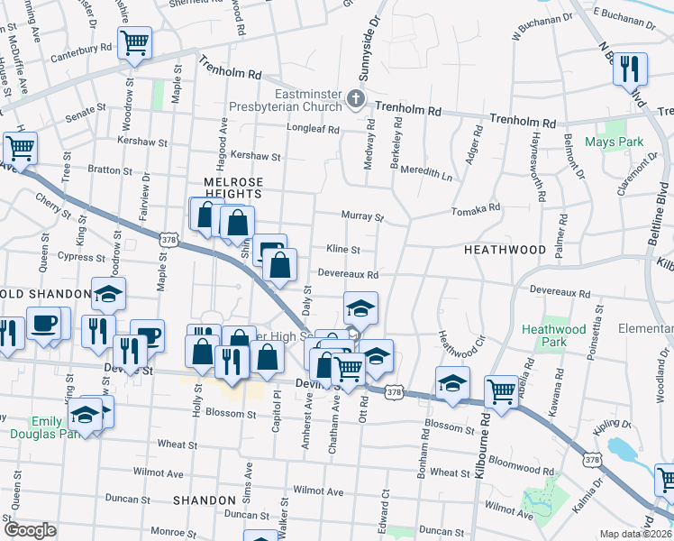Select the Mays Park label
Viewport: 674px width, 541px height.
point(614,142)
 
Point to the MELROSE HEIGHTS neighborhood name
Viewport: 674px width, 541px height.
point(225,187)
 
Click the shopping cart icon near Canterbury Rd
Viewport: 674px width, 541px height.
point(134,42)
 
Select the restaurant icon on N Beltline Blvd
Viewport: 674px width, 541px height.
point(631,69)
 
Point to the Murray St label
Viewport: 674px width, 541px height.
point(362,216)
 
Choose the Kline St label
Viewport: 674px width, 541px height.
point(343,250)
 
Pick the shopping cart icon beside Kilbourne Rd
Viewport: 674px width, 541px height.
point(501,390)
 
